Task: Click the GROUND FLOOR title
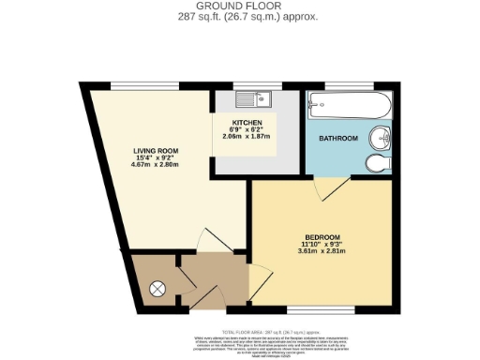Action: [x=239, y=7]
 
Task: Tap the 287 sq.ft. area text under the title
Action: [x=239, y=18]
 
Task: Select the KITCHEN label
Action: [x=247, y=123]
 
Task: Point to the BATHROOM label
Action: [x=337, y=139]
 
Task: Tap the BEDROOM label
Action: [x=321, y=236]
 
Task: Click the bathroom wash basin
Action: [x=381, y=138]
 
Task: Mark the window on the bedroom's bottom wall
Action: [x=313, y=309]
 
